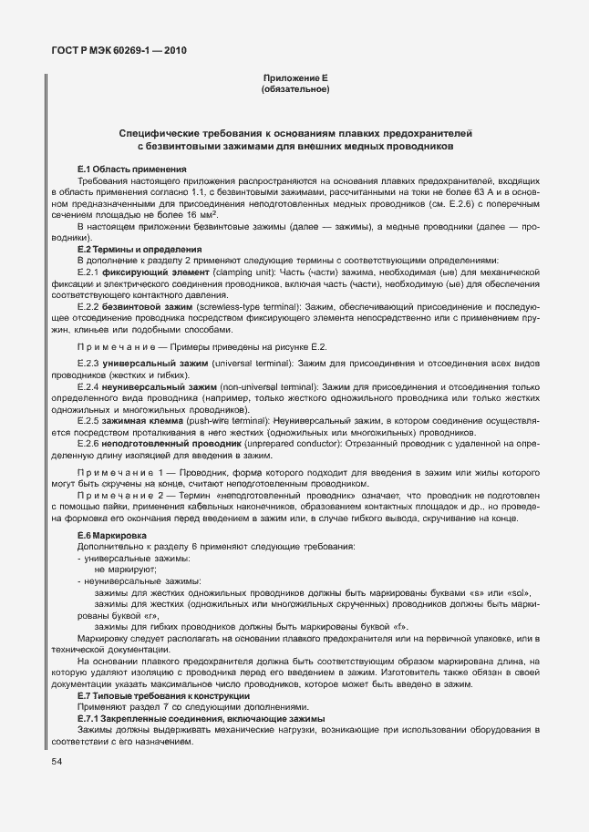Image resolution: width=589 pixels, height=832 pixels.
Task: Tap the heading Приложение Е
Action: pyautogui.click(x=294, y=80)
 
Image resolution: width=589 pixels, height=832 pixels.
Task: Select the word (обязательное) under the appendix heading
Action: pyautogui.click(x=294, y=91)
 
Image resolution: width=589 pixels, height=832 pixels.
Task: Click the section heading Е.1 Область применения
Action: pyautogui.click(x=132, y=169)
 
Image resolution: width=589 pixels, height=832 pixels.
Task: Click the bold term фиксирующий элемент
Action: pyautogui.click(x=145, y=272)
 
